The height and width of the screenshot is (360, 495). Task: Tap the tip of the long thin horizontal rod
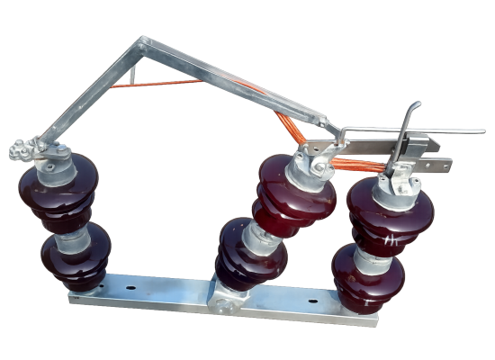click(482, 132)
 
